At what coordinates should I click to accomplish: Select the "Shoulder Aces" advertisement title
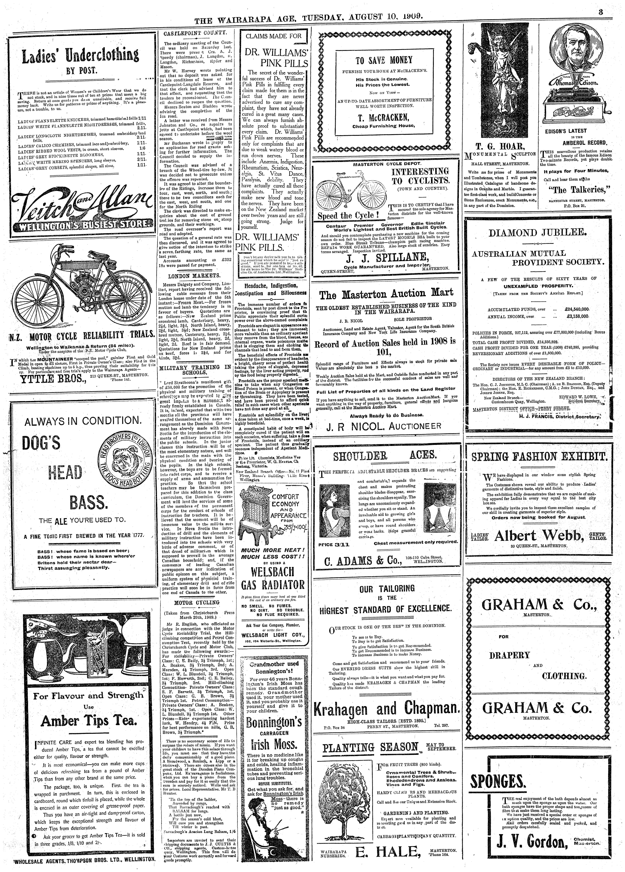tap(385, 456)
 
